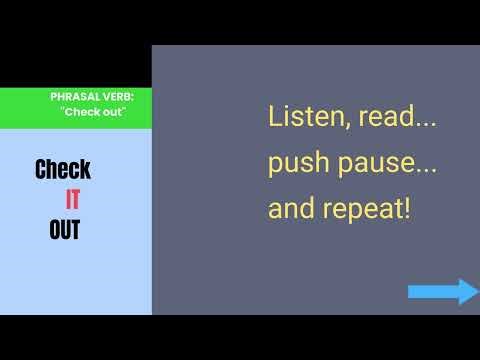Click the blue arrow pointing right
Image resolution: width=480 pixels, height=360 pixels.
point(443,292)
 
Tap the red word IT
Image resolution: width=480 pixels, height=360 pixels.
point(73,199)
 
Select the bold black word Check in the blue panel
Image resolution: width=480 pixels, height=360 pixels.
point(63,169)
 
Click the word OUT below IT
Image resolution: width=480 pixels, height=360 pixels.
point(64,231)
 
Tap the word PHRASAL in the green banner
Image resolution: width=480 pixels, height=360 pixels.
point(73,97)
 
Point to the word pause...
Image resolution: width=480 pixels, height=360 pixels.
point(386,165)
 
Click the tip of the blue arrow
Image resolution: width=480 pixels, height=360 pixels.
point(477,292)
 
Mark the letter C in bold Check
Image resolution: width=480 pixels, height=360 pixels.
point(42,169)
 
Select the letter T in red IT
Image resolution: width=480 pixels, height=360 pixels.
point(77,199)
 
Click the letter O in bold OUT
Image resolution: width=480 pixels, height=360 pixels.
point(55,231)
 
